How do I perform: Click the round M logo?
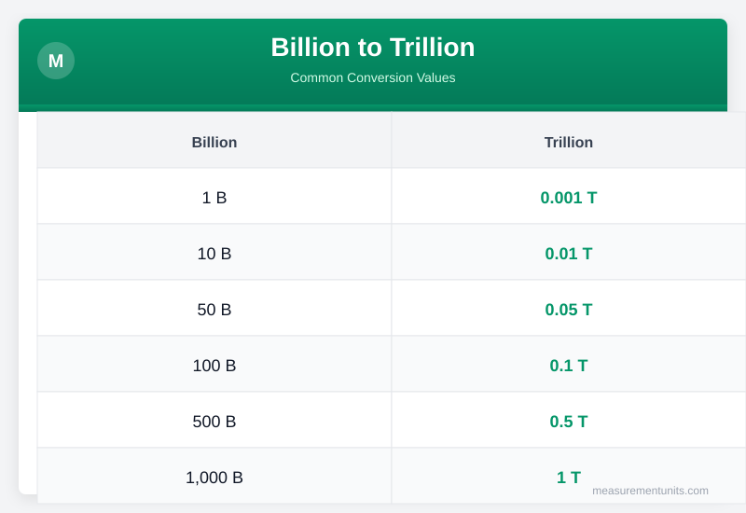(56, 61)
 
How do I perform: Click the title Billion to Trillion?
(373, 47)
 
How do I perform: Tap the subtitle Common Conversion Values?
(373, 77)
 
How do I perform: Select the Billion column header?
(214, 142)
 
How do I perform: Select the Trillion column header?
(569, 142)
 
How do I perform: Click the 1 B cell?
(214, 198)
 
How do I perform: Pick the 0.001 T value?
(569, 198)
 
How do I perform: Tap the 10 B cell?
(214, 254)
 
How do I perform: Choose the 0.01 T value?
(569, 254)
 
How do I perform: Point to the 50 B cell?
(214, 310)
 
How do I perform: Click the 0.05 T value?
(569, 310)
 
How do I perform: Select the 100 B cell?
(214, 366)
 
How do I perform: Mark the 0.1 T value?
(569, 366)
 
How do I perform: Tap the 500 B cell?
(214, 422)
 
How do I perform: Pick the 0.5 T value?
(569, 422)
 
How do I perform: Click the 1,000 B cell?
(214, 478)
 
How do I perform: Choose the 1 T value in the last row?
(569, 478)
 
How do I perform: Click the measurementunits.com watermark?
(650, 491)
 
